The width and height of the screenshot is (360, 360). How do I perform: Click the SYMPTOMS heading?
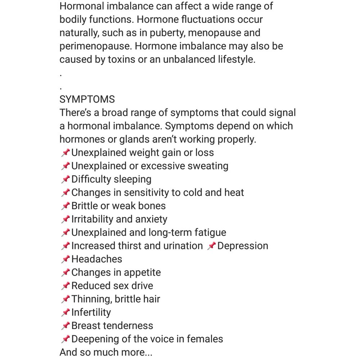[87, 99]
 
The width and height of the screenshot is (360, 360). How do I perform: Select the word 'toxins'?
[121, 59]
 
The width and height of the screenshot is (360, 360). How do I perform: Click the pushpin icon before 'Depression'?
[212, 246]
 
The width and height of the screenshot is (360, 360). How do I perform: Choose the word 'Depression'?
[243, 246]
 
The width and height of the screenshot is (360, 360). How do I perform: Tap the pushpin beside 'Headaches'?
[65, 259]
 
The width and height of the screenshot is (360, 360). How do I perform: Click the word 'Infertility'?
[91, 312]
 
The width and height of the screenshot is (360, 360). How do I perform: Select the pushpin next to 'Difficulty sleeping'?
[65, 179]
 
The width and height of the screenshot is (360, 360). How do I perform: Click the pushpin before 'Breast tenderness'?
[65, 326]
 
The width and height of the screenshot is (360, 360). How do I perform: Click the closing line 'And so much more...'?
[106, 352]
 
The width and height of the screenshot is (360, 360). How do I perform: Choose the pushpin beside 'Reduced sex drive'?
[65, 286]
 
